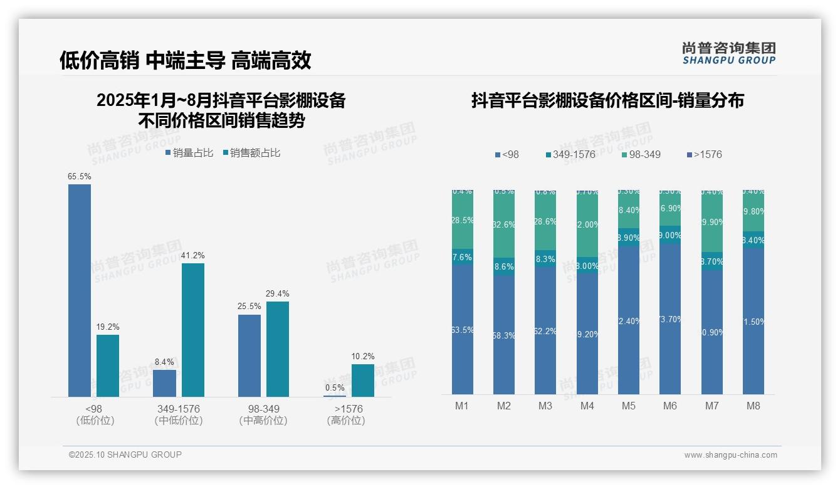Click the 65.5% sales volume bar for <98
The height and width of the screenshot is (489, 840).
80,290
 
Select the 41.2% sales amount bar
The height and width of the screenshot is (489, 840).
193,330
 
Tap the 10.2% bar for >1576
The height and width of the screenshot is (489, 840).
362,381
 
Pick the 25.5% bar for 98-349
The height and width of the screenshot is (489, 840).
249,355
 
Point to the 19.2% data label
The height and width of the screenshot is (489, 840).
108,327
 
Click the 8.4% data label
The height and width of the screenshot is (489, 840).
164,362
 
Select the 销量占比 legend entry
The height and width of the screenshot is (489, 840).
189,153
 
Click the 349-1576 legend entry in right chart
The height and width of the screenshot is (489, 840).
570,155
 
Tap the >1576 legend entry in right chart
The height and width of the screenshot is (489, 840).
705,155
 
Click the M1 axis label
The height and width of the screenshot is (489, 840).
462,406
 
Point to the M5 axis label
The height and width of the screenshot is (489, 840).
628,406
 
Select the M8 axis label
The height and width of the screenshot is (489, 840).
753,406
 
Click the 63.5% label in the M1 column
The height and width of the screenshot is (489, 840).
462,330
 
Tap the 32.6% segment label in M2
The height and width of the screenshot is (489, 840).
503,224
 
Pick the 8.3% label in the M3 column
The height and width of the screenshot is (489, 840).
545,259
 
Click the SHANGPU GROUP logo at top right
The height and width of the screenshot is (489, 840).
728,53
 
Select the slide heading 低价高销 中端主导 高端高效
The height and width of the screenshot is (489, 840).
186,60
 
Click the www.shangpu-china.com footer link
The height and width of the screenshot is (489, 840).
730,455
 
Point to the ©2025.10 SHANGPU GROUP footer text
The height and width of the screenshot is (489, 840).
125,455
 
